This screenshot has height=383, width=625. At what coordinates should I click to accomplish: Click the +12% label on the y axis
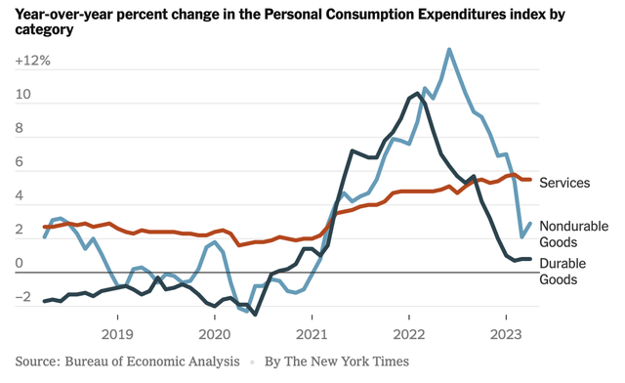(33, 61)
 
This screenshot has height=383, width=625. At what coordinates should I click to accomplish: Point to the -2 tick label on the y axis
(27, 298)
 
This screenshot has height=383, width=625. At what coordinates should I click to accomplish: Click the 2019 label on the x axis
(117, 319)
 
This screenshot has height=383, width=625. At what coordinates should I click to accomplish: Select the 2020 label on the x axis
(215, 319)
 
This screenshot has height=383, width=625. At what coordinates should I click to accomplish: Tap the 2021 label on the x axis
(312, 319)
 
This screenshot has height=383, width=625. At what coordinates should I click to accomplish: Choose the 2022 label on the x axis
(408, 319)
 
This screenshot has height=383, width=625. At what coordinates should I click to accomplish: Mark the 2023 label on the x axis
(505, 319)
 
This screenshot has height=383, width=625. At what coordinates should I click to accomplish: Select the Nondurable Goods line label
(573, 234)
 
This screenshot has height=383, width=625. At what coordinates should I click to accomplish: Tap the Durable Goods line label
(571, 271)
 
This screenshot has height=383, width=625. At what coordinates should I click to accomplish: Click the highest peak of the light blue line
(448, 49)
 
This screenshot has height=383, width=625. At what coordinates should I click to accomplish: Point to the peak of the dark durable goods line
(418, 93)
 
